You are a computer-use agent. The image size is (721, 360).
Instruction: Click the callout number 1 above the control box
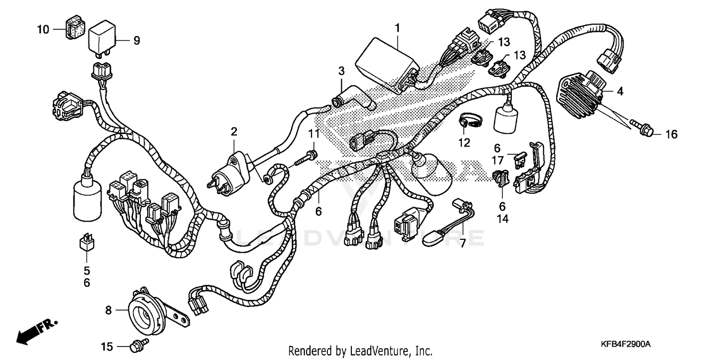pos(398,28)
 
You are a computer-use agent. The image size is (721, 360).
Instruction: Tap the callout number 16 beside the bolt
pos(671,135)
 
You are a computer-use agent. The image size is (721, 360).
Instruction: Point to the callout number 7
pos(463,243)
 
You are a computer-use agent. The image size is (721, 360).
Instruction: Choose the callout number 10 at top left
pos(43,30)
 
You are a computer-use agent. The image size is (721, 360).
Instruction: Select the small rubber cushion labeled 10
pos(74,30)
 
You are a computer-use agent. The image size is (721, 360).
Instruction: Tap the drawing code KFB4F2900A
pos(625,345)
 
